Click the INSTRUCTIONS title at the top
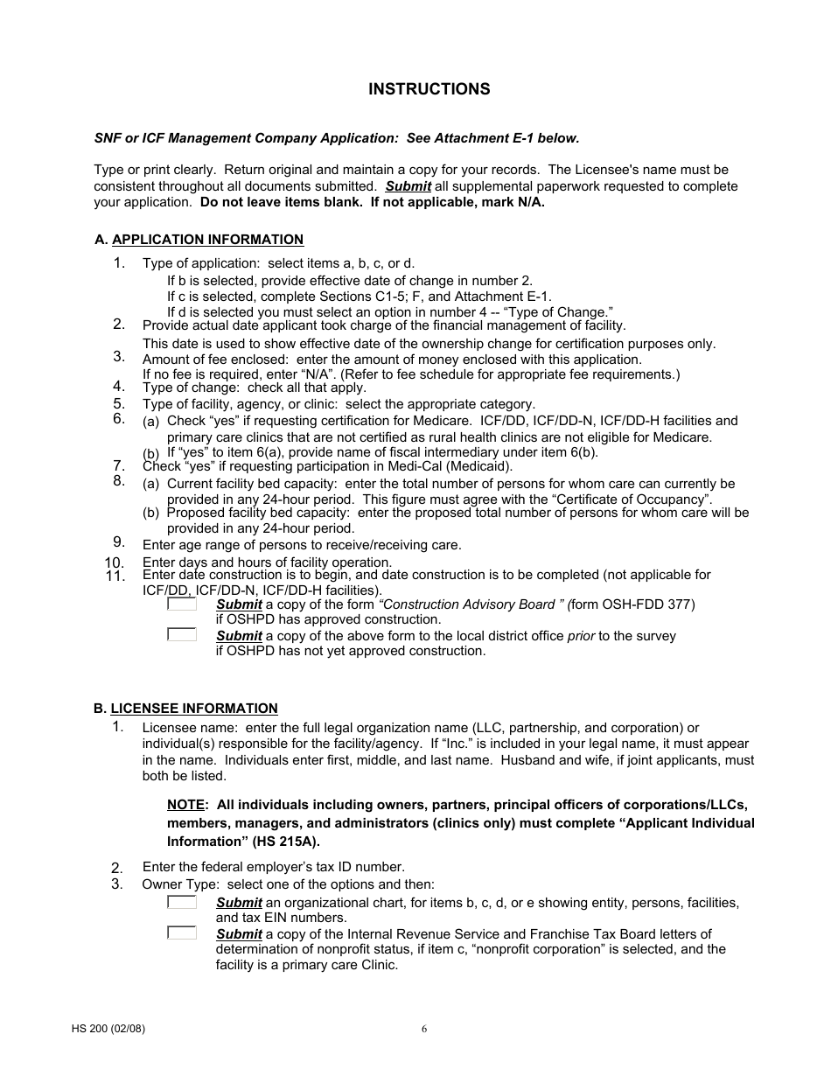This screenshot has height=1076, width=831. point(429,89)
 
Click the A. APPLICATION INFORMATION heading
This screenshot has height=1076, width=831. point(207,240)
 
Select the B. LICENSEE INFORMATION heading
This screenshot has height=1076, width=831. point(193,709)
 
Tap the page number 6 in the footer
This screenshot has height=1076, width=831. point(424,1029)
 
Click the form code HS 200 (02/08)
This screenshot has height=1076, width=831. point(108,1029)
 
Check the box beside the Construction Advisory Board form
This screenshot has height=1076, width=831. point(182,604)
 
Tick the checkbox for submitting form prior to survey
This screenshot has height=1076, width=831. point(182,635)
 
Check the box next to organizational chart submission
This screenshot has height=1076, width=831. point(182,902)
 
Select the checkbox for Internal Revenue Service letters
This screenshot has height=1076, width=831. point(182,933)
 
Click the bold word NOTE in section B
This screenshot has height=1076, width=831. point(186,805)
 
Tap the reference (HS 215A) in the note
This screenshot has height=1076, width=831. point(287,842)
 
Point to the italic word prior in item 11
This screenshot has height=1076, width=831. point(581,636)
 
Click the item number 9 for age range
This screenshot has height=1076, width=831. point(119,542)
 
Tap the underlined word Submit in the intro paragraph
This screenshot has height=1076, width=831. point(408,186)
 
